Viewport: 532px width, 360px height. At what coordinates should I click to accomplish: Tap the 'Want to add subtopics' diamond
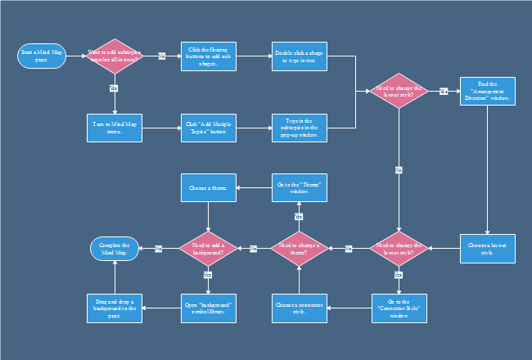coord(115,56)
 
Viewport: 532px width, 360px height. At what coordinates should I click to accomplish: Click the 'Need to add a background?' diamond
coord(208,248)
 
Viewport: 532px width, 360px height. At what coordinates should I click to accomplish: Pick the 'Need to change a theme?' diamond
coord(300,248)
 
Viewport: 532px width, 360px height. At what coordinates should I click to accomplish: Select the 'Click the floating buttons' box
coord(208,56)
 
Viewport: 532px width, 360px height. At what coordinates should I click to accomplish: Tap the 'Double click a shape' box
coord(300,56)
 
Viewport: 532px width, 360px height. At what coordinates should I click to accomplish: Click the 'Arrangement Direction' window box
coord(487,92)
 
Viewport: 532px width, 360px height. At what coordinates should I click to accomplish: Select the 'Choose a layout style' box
coord(487,248)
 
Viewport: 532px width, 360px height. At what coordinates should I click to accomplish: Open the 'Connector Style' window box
coord(399,308)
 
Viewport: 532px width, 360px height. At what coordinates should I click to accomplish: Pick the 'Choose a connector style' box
coord(300,308)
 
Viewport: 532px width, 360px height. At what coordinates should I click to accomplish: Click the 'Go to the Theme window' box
coord(300,188)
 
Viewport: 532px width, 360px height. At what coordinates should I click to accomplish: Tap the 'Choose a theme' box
coord(208,188)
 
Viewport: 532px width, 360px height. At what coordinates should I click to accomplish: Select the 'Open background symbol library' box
coord(208,308)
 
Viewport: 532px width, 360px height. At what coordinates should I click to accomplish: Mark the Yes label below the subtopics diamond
coord(114,87)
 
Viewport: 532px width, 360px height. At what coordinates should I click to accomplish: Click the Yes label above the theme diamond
coord(299,217)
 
